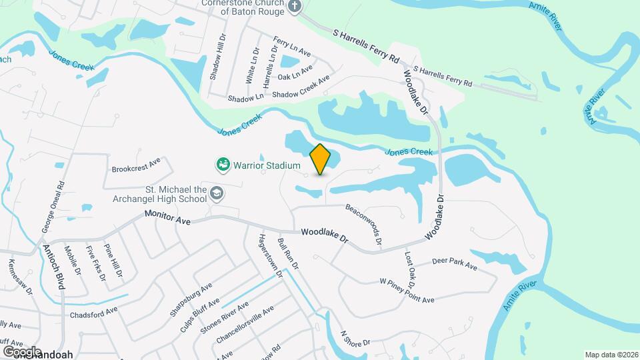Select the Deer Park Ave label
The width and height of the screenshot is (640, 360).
[x=455, y=264]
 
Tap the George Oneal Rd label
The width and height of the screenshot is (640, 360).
[x=53, y=205]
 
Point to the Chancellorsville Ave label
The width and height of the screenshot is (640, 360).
[x=245, y=327]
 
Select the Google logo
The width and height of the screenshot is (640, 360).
[x=23, y=351]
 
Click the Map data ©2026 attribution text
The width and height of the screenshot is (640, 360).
[x=611, y=355]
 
